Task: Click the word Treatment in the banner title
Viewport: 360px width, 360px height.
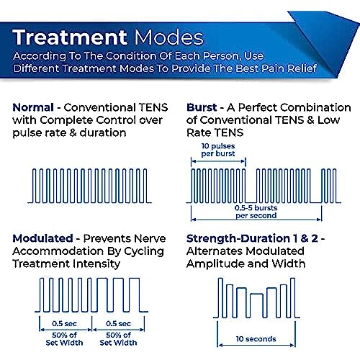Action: (70, 37)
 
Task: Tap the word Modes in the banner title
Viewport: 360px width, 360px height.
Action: (168, 37)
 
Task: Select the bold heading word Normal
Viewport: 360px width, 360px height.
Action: (33, 107)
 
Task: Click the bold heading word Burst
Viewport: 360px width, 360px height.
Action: (202, 107)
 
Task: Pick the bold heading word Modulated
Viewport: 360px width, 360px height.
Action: (42, 238)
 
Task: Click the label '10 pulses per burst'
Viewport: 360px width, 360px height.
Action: (218, 150)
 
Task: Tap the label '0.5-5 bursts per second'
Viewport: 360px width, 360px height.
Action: (256, 212)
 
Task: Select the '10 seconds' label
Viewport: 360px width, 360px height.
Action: (256, 339)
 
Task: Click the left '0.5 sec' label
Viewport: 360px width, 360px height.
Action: (64, 323)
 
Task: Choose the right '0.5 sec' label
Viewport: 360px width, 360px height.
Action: (119, 323)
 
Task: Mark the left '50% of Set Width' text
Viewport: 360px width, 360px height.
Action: (64, 339)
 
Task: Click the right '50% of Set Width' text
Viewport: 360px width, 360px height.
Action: (118, 339)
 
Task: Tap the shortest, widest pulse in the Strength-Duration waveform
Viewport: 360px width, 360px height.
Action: (256, 294)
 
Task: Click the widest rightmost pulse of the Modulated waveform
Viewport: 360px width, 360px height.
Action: (135, 279)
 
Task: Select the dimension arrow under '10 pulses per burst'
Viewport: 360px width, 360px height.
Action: (218, 161)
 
